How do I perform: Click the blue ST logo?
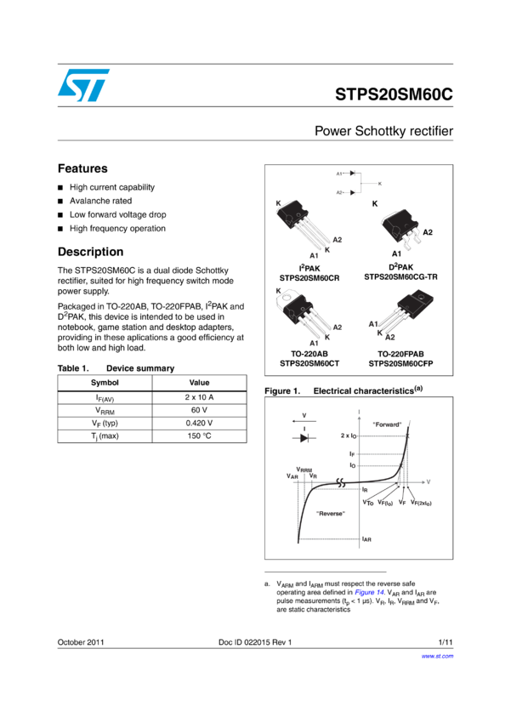83,85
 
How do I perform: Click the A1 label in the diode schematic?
339,174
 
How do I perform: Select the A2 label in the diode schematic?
339,192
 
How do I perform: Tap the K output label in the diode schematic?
379,184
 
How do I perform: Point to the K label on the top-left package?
279,204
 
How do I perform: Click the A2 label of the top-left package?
337,240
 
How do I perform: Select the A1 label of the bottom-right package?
373,324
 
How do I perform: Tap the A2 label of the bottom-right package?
390,338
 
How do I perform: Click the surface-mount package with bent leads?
400,230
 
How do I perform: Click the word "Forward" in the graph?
387,424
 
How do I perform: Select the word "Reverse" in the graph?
330,514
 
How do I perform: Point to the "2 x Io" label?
350,436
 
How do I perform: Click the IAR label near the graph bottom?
366,539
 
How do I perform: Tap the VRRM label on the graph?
304,470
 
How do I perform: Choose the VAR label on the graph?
292,477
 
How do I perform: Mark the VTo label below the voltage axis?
367,503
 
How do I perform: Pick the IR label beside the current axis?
365,490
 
